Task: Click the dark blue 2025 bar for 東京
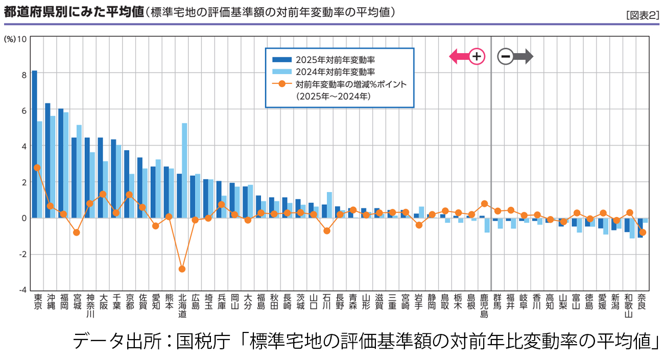tap(34, 144)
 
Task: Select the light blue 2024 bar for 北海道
tap(184, 171)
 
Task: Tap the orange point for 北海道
tap(182, 269)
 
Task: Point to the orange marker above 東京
tap(37, 167)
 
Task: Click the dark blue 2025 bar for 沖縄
tap(48, 160)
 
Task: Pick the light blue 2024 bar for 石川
tap(329, 205)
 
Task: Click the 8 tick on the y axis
tap(23, 74)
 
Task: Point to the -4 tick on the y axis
tap(22, 290)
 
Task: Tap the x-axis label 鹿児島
tap(485, 305)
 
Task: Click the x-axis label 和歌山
tap(629, 305)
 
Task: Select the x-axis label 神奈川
tap(90, 305)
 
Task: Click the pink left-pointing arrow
tap(458, 56)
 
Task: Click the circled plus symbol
tap(477, 56)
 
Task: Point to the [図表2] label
tap(642, 15)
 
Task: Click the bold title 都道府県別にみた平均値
tap(74, 13)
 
